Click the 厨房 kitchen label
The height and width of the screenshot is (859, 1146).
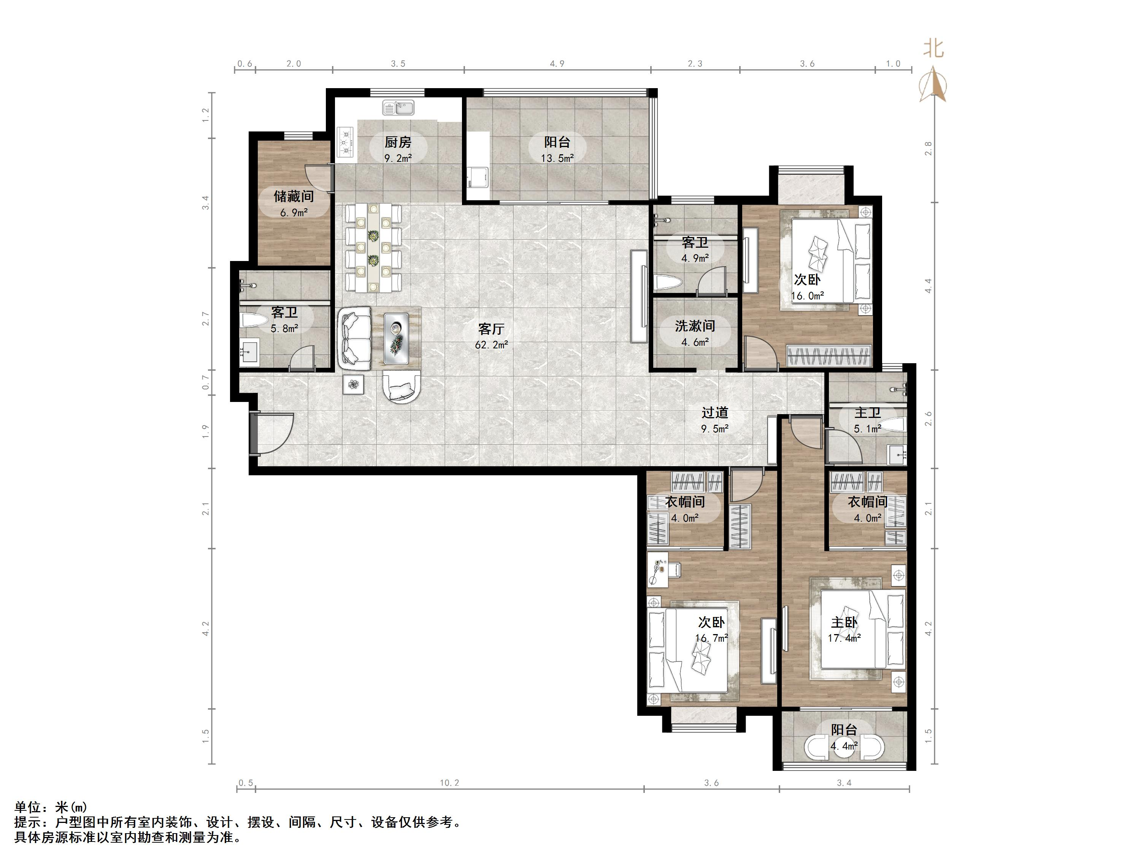coord(398,142)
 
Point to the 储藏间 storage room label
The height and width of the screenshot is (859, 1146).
coord(294,196)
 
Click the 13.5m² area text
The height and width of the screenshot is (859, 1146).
coord(557,158)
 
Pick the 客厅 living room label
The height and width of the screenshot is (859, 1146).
coord(491,329)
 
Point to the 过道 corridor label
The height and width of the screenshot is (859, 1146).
coord(715,413)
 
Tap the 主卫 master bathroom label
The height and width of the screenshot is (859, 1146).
coord(867,413)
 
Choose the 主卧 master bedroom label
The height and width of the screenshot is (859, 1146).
coord(844,622)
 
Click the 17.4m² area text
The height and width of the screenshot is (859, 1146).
coord(844,638)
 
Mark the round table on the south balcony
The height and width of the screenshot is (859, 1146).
coord(844,748)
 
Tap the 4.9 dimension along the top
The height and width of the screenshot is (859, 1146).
coord(557,64)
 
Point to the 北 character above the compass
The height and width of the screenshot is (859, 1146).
coord(933,49)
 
